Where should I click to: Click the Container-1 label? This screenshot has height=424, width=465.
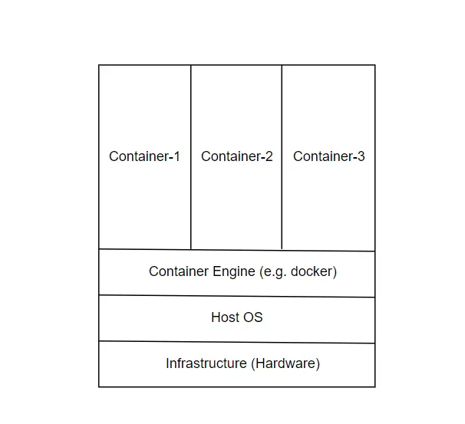[144, 156]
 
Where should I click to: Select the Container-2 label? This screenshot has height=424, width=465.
[236, 156]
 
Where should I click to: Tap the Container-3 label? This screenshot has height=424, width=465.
[328, 156]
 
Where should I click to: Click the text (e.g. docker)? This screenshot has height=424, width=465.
[298, 271]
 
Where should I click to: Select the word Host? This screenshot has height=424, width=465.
[226, 317]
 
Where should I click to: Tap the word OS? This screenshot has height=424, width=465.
[253, 317]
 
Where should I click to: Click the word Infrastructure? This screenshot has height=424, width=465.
[206, 363]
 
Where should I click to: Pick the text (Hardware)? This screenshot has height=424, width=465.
[285, 363]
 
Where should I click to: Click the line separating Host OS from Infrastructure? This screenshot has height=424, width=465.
[236, 342]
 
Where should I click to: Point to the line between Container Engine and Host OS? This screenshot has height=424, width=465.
[236, 296]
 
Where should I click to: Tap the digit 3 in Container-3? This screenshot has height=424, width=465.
[361, 156]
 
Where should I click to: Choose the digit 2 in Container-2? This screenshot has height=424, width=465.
[269, 156]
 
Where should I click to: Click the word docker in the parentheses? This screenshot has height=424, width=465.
[312, 271]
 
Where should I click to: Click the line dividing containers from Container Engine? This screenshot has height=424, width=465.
[236, 250]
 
